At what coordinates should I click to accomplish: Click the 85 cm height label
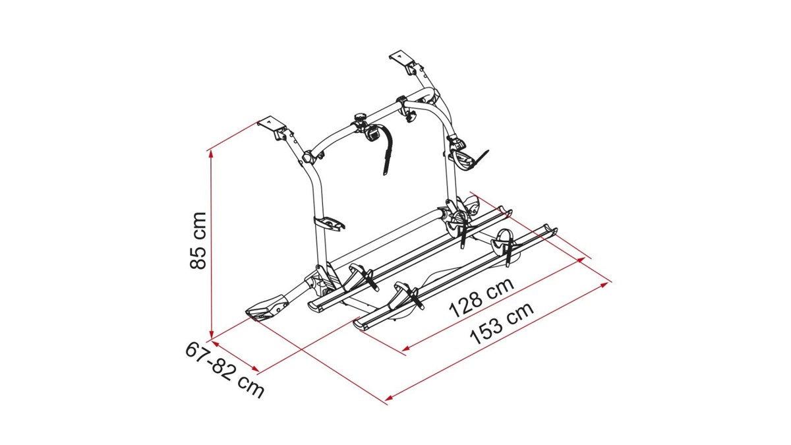click(x=198, y=241)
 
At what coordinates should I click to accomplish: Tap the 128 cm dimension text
click(x=482, y=297)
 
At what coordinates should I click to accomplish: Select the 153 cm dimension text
click(x=502, y=323)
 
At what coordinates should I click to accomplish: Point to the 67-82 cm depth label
click(x=225, y=369)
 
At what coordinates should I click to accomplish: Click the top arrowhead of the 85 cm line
click(x=211, y=153)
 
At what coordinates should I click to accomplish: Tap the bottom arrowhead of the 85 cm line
click(x=211, y=336)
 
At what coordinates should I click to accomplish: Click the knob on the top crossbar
click(x=359, y=117)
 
